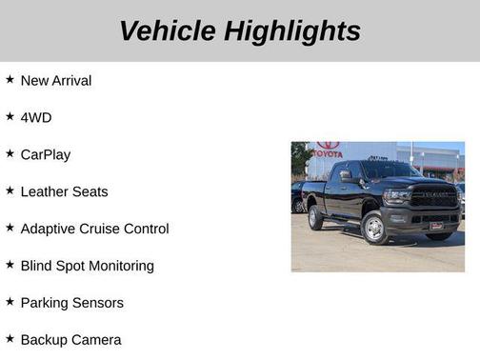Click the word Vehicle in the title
click(168, 30)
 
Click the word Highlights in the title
click(292, 30)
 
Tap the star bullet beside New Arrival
click(10, 80)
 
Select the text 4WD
click(36, 117)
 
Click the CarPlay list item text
click(46, 154)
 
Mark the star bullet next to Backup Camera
click(10, 339)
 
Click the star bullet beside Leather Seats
click(10, 190)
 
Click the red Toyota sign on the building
click(328, 150)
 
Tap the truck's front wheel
click(374, 228)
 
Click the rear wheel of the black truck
click(315, 217)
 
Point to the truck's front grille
click(433, 199)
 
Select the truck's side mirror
click(346, 176)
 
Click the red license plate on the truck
click(435, 226)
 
